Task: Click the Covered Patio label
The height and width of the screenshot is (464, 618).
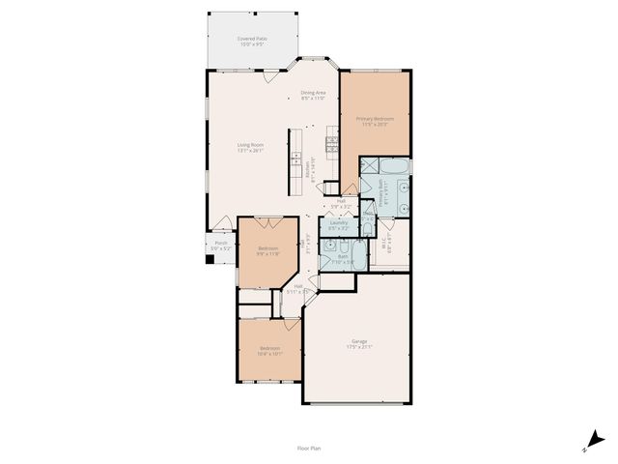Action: point(253,42)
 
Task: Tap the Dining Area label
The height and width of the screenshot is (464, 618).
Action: point(313,95)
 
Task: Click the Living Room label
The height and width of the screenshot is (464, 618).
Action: point(251,147)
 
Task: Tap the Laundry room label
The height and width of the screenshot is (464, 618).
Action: point(338,224)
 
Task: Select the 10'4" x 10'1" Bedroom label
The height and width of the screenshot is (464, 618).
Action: point(268,350)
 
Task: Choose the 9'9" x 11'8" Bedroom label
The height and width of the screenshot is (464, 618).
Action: point(268,251)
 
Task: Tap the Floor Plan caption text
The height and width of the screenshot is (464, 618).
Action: point(309,448)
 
